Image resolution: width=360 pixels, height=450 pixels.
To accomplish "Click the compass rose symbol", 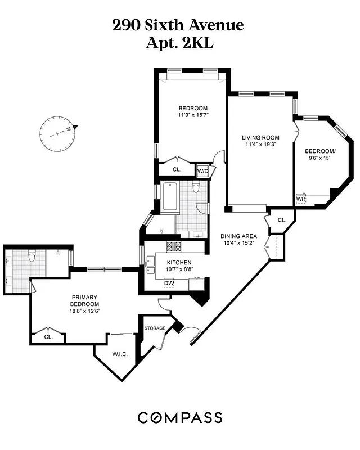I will pos(57,133).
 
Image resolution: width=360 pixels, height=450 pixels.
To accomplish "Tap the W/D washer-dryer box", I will pos(202,170).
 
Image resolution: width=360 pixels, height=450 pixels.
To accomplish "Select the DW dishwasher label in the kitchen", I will pos(169,283).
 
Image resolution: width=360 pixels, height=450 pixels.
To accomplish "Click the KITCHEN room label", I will pos(179,263).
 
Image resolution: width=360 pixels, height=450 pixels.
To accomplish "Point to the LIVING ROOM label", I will pos(260,137).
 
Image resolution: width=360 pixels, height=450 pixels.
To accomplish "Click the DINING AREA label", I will pos(238,236).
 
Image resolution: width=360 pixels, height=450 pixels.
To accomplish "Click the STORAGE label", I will pos(155,328).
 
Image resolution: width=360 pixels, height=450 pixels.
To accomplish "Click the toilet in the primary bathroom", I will pos(33,257).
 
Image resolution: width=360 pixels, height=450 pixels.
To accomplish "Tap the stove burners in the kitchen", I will pos(173,246).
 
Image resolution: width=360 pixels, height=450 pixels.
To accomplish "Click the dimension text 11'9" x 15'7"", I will pos(193,116).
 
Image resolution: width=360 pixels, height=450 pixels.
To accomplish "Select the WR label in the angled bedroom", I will pos(301,199).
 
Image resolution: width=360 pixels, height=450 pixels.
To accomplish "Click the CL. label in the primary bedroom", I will pos(48,337).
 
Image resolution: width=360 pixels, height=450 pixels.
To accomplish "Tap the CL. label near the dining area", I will pos(282,220).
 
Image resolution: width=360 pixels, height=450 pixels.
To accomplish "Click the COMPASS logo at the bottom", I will pos(180,417).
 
